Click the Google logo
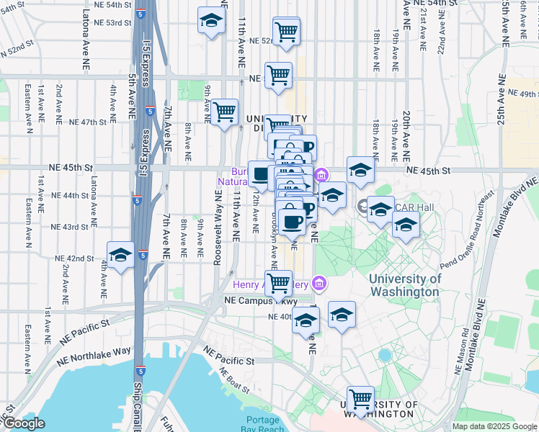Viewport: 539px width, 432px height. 23,423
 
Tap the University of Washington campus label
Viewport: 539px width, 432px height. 404,286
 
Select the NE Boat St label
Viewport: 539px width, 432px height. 234,381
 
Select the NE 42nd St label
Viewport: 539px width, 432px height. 76,258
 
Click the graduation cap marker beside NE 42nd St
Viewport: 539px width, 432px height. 120,255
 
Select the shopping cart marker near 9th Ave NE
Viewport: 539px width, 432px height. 225,112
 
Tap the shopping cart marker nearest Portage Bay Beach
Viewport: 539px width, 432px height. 360,398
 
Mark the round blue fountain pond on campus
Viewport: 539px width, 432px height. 384,355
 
